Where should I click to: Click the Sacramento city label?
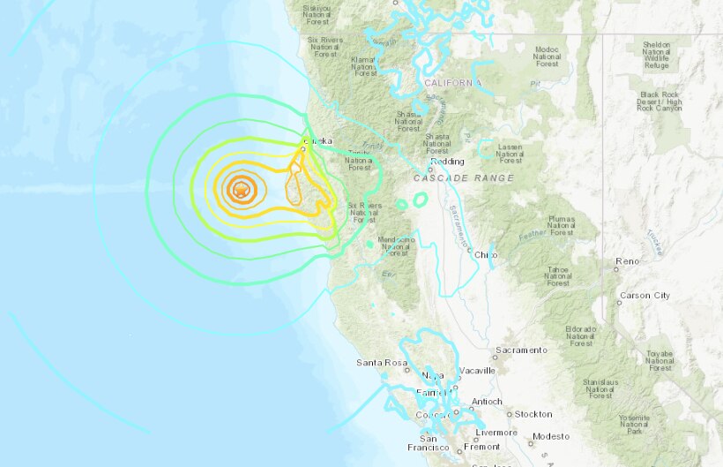521,350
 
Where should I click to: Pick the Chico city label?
486,255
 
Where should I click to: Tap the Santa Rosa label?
379,363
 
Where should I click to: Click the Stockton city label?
533,414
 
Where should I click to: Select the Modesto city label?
551,437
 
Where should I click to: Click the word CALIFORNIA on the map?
453,83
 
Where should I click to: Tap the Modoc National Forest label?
547,55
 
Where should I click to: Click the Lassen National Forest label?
511,153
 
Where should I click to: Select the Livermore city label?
496,433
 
